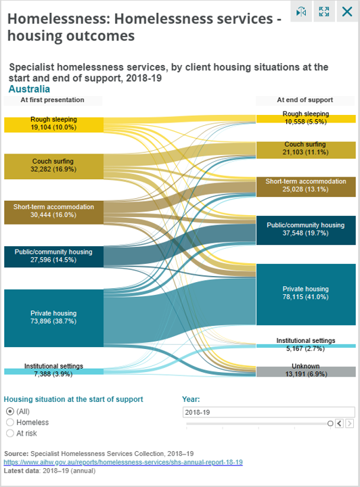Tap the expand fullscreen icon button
pyautogui.click(x=324, y=11)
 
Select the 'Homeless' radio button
pyautogui.click(x=10, y=422)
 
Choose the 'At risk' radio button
pyautogui.click(x=10, y=433)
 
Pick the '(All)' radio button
pyautogui.click(x=10, y=411)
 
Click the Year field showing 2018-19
pyautogui.click(x=269, y=411)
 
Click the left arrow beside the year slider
pyautogui.click(x=340, y=423)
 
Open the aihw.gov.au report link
pyautogui.click(x=123, y=462)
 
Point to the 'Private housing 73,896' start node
pyautogui.click(x=53, y=317)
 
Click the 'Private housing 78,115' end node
pyautogui.click(x=305, y=293)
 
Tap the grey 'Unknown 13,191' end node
pyautogui.click(x=305, y=371)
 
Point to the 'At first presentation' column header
pyautogui.click(x=52, y=100)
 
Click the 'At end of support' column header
pyautogui.click(x=305, y=100)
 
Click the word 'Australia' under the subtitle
pyautogui.click(x=29, y=89)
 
